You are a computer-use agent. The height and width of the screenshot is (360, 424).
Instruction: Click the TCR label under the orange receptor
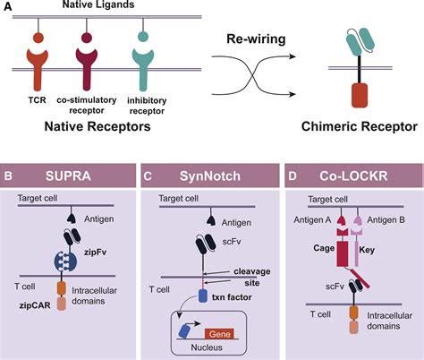tap(38, 99)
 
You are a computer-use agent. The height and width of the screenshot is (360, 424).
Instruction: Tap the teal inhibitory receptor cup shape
tap(143, 68)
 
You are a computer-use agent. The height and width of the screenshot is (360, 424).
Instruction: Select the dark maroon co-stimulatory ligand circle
tap(87, 38)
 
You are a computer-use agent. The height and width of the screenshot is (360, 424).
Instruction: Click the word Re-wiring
tap(256, 39)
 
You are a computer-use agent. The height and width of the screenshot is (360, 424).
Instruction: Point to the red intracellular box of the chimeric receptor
tap(360, 95)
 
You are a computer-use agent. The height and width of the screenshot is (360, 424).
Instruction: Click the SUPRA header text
tap(68, 176)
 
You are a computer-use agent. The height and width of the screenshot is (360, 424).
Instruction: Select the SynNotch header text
tap(210, 176)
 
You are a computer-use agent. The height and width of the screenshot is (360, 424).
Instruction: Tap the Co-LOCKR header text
tap(353, 176)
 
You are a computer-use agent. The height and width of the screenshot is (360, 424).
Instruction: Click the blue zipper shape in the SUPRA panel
tap(65, 261)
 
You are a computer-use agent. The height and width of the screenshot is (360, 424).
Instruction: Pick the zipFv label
tap(96, 253)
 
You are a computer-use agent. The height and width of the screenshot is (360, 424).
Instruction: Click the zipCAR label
tap(35, 305)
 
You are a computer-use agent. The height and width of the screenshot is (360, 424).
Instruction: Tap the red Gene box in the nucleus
tap(219, 334)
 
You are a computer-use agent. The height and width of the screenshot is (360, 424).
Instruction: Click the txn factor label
tap(232, 297)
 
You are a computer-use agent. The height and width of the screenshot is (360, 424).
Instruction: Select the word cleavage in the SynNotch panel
tap(252, 271)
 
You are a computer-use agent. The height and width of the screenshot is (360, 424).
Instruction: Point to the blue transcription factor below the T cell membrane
tap(203, 296)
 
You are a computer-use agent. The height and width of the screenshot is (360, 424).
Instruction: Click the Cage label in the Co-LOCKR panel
tap(324, 248)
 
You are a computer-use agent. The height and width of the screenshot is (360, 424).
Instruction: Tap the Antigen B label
tap(386, 220)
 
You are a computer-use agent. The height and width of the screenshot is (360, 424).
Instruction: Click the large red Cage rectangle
tap(343, 253)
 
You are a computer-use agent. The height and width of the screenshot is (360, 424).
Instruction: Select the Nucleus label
tap(207, 347)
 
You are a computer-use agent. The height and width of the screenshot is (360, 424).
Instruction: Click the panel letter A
tap(7, 5)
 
